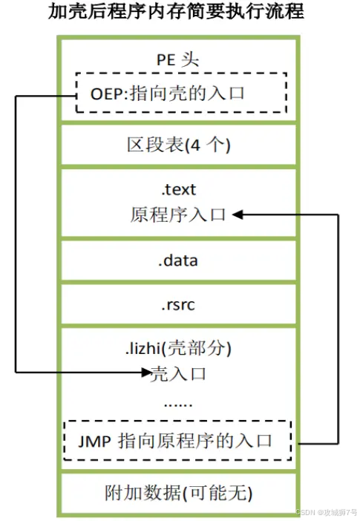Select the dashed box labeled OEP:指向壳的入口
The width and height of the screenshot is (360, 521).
(x=180, y=93)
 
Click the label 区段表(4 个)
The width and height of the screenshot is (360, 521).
(x=178, y=144)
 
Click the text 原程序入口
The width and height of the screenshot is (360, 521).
(x=177, y=215)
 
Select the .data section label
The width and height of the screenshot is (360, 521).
(x=177, y=260)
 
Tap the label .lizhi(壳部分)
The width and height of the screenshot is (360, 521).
(x=177, y=347)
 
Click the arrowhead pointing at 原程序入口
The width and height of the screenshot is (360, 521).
(x=238, y=215)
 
